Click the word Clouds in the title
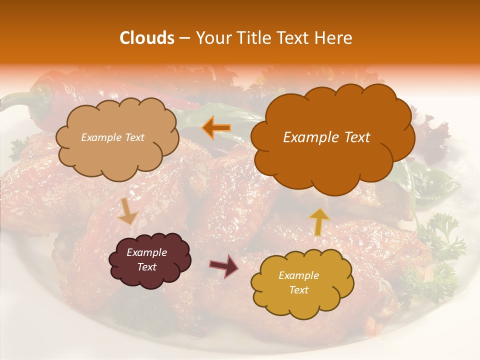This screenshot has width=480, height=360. coord(146,38)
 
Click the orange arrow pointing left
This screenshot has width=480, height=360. coord(216,128)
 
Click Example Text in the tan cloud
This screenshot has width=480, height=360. coord(112,137)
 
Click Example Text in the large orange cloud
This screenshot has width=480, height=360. coord(326,137)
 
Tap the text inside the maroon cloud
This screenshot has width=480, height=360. coord(146,259)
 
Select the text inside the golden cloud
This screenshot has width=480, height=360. coord(298,282)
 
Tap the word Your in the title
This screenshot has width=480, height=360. coord(212,38)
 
